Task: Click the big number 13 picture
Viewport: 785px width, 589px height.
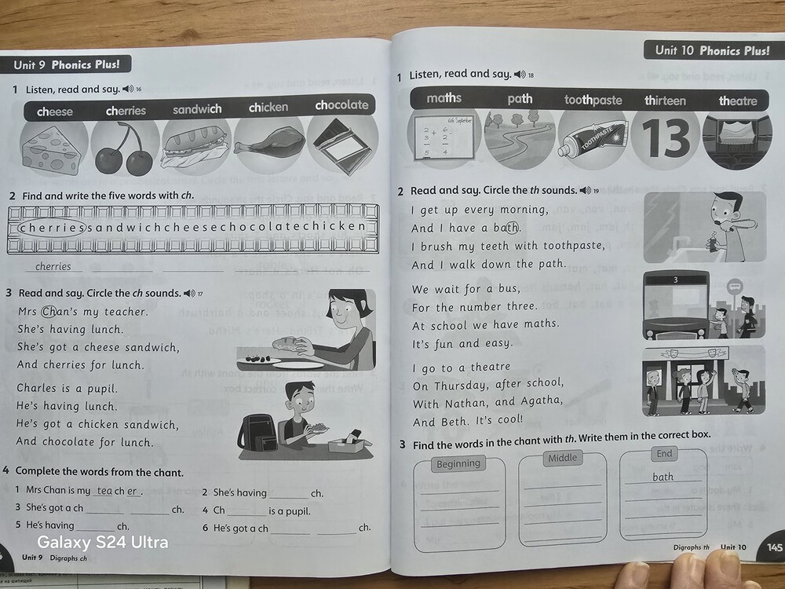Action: (x=666, y=137)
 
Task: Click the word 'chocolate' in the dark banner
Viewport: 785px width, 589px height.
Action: (x=341, y=105)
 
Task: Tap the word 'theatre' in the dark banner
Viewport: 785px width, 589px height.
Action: (x=738, y=101)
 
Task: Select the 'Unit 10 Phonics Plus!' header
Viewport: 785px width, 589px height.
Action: (x=713, y=50)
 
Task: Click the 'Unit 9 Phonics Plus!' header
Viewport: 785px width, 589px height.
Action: (x=67, y=64)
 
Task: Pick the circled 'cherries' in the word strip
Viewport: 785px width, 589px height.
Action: (x=52, y=228)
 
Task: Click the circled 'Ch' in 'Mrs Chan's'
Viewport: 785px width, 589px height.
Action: (x=49, y=312)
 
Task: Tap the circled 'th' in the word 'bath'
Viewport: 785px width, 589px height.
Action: (x=512, y=228)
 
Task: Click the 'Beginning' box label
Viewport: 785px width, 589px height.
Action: (x=458, y=464)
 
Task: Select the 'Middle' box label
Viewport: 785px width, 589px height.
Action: (x=562, y=458)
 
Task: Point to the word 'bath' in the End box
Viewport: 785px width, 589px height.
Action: (x=663, y=477)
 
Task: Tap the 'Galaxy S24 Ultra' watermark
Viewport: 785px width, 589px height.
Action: (x=103, y=543)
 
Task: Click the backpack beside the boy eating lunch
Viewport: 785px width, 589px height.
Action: (x=258, y=435)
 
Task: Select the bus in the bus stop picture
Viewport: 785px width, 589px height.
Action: (x=677, y=305)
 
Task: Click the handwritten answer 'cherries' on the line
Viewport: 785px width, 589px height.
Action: (x=53, y=266)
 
